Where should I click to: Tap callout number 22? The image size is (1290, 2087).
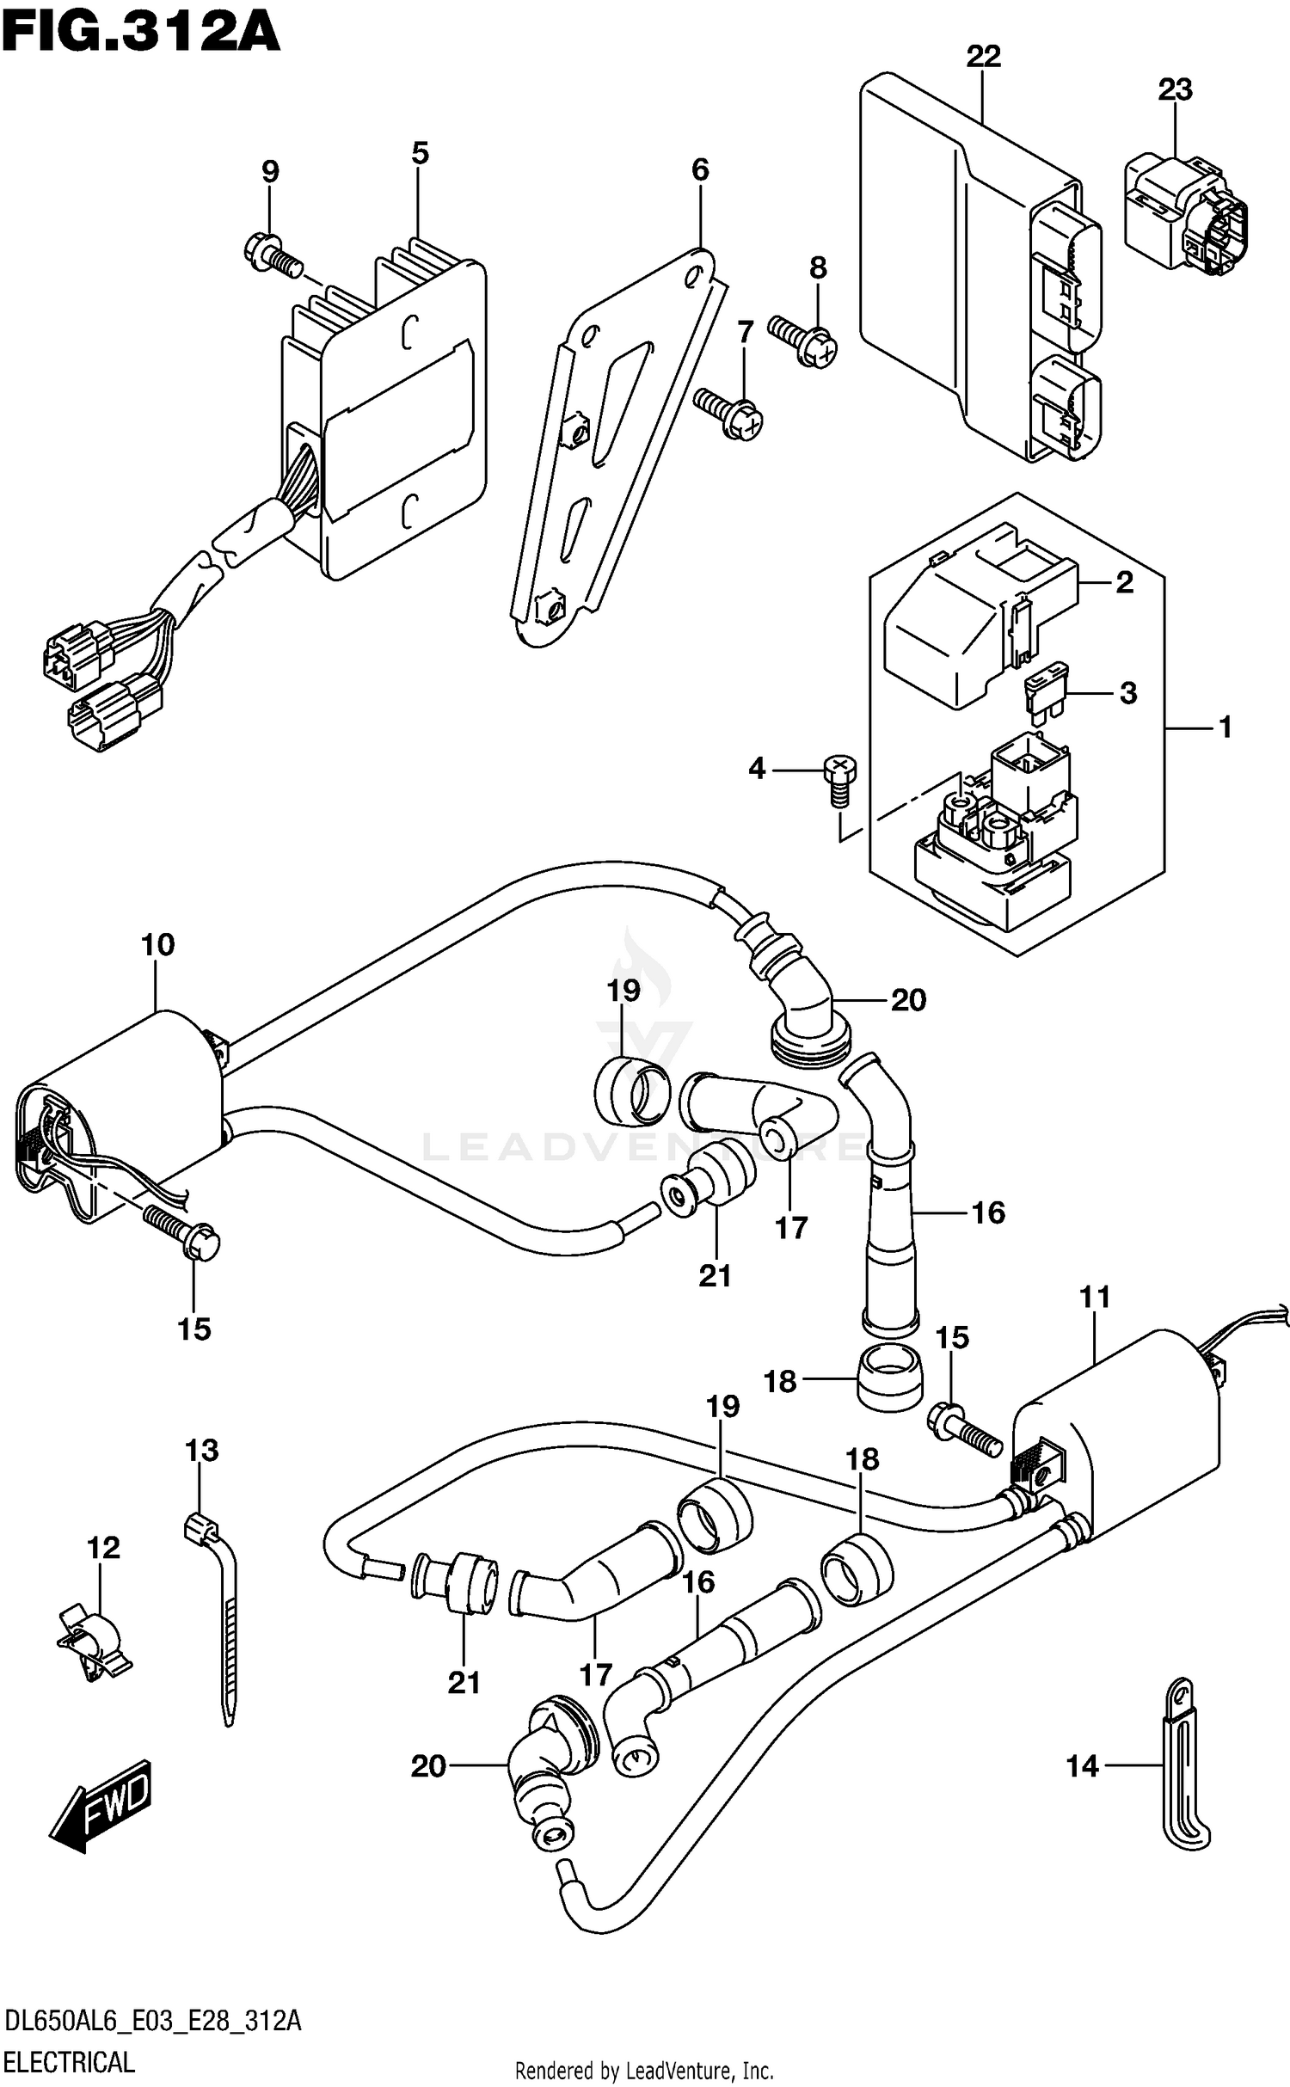983,57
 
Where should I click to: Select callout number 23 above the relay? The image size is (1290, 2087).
1175,89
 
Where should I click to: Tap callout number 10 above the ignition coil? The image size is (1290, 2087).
158,945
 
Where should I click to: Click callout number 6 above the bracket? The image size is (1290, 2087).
700,170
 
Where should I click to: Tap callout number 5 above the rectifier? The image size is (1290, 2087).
419,153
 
